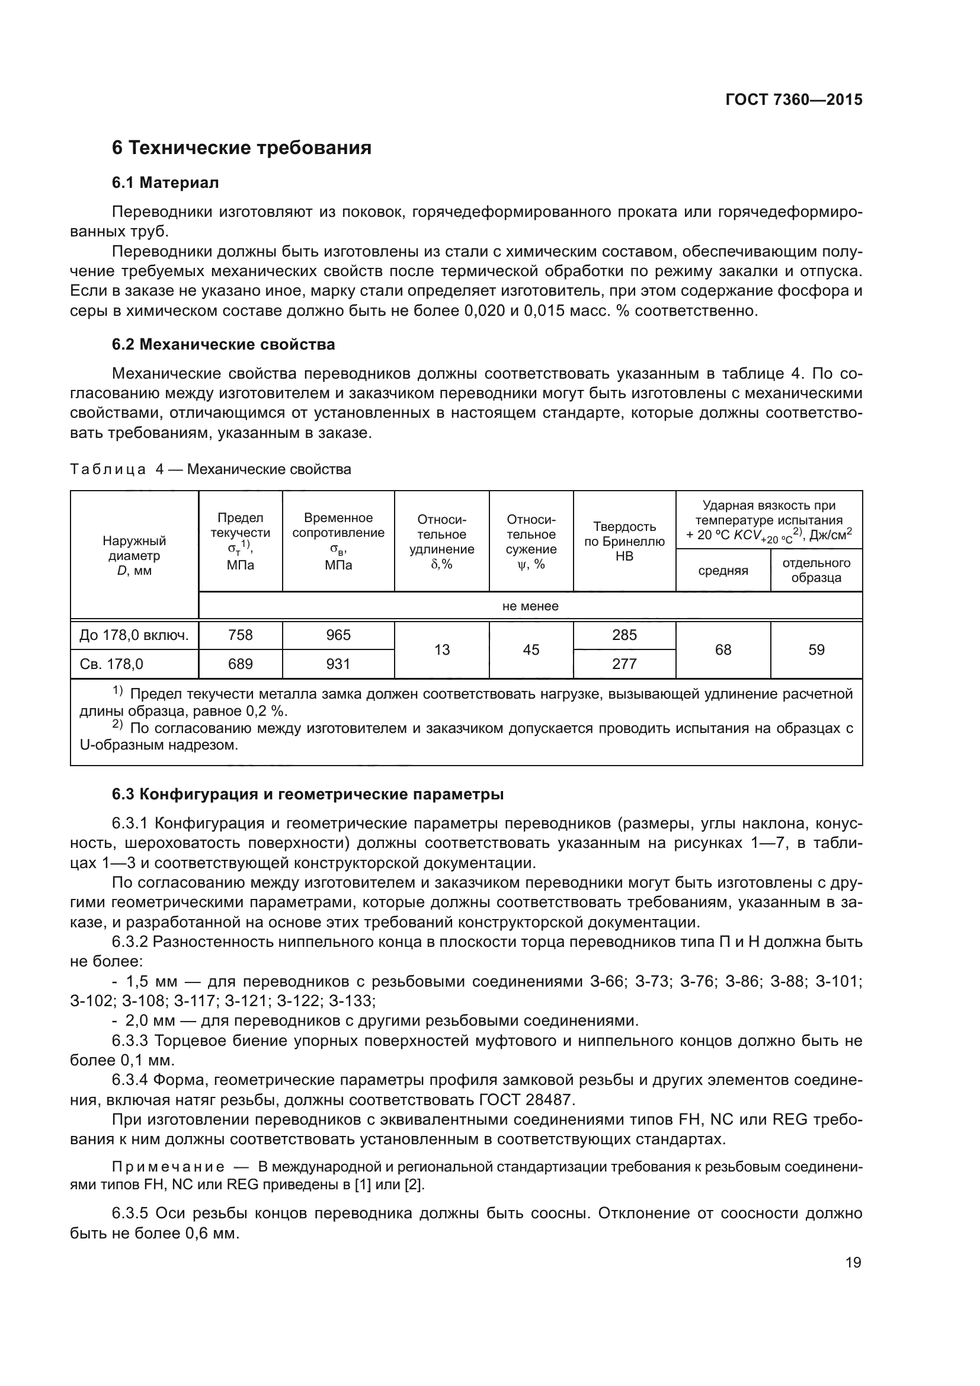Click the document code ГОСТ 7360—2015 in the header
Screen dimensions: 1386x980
[793, 100]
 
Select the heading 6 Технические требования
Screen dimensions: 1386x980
[241, 148]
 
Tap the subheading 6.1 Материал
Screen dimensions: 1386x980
[165, 183]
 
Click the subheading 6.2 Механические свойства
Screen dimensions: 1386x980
[223, 345]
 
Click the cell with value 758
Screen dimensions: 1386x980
[240, 635]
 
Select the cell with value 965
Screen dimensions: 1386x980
[338, 635]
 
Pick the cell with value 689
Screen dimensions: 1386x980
[240, 664]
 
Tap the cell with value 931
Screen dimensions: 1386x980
[338, 664]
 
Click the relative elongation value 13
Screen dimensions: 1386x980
[442, 649]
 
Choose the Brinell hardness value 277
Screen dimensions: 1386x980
[624, 664]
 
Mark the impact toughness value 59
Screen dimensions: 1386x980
[816, 649]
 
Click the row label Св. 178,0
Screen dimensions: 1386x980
[111, 664]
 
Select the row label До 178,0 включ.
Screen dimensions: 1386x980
[134, 635]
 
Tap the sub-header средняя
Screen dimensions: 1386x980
[723, 571]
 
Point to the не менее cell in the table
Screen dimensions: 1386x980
[530, 606]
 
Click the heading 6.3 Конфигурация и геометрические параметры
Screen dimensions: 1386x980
[308, 795]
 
